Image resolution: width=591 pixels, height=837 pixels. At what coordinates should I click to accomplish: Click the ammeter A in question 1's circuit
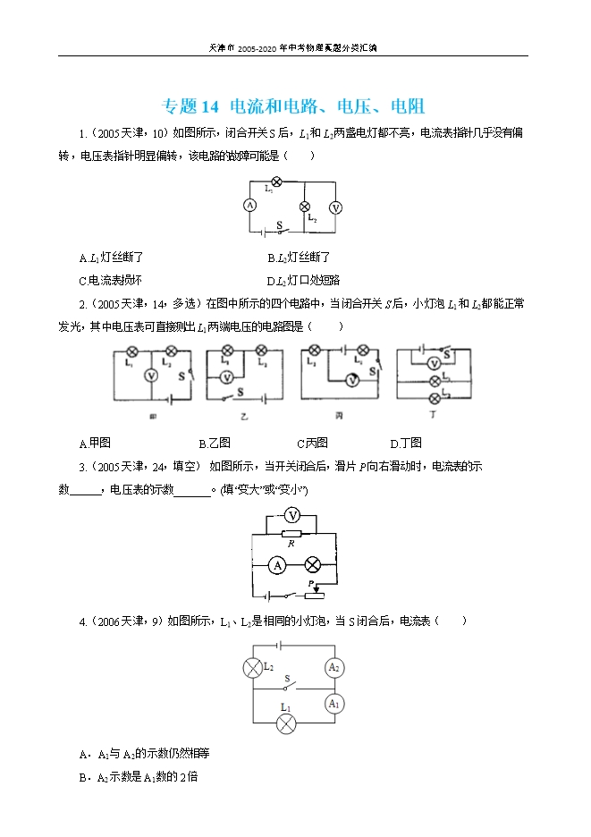coord(251,205)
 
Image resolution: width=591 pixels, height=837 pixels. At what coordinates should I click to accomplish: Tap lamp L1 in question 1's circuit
coord(276,182)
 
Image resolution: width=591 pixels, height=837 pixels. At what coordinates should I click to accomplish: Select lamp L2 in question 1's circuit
coord(303,205)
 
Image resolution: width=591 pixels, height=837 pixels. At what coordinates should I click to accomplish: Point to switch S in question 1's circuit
coord(281,229)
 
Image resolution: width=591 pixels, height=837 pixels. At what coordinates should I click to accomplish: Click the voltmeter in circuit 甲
coord(151,376)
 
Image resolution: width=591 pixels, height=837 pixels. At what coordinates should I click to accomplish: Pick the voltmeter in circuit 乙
coord(227,376)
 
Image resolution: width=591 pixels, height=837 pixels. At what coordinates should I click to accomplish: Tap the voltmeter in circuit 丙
coord(352,380)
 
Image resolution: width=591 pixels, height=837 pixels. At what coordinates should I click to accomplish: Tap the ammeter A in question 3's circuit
coord(278,565)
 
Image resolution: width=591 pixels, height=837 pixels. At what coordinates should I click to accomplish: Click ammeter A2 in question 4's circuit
coord(333,667)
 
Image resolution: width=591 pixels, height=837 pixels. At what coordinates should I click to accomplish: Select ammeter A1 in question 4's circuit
coord(333,703)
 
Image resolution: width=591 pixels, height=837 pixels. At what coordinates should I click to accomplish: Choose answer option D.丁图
coord(406,443)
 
